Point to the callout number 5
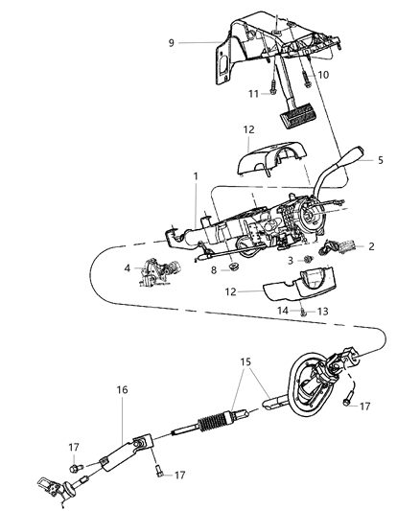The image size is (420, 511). [x=381, y=160]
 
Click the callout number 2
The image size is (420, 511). [x=371, y=246]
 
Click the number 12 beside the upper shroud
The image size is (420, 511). [x=222, y=129]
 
